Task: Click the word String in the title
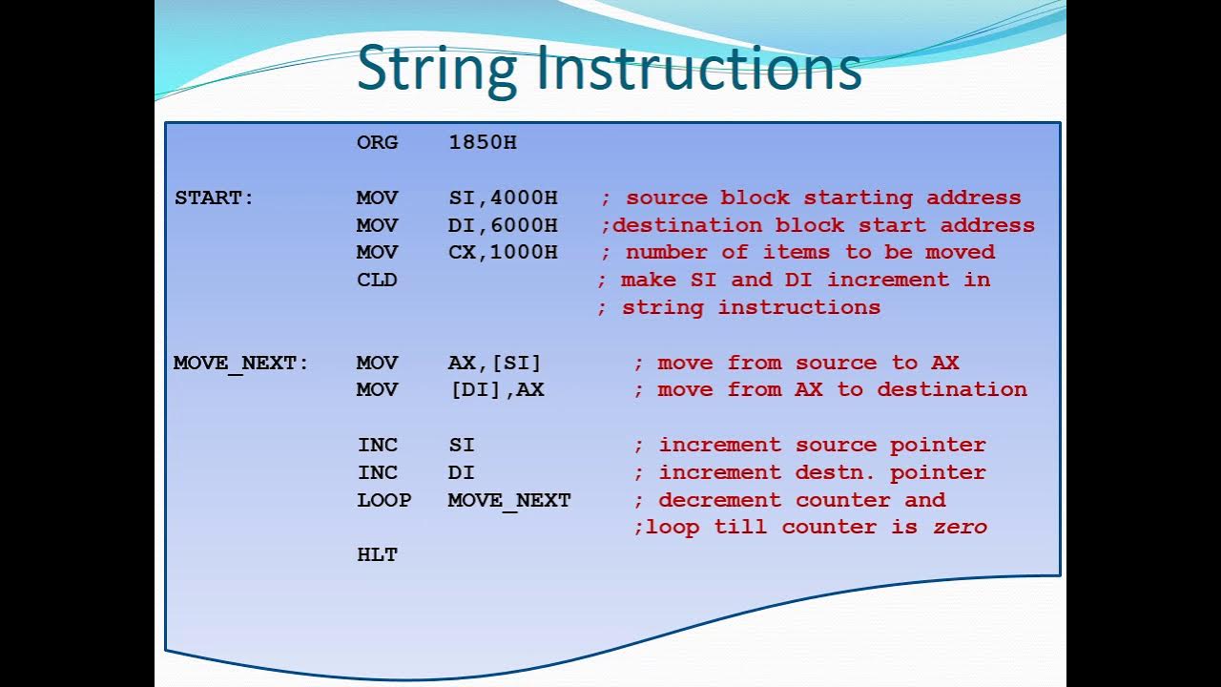[437, 69]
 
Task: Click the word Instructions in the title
[698, 69]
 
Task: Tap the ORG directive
[377, 142]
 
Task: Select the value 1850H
[482, 142]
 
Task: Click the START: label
[215, 198]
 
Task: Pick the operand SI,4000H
[503, 198]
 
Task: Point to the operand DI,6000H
[503, 225]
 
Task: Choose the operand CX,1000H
[503, 252]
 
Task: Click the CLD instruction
[377, 280]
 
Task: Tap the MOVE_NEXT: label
[241, 363]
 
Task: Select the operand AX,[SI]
[494, 363]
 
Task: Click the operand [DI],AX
[496, 389]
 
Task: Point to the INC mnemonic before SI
[377, 445]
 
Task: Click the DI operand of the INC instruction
[461, 472]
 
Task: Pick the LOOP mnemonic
[383, 500]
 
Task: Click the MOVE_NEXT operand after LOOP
[509, 500]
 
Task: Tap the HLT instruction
[377, 554]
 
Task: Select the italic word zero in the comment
[960, 527]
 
